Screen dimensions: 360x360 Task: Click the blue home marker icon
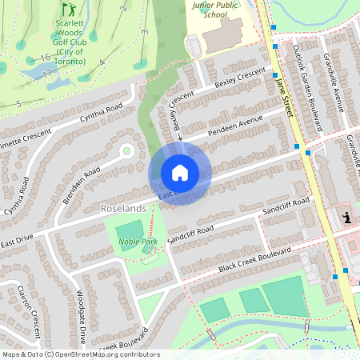(180, 172)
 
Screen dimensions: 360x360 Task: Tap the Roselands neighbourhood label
(125, 208)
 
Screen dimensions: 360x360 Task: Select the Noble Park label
(137, 240)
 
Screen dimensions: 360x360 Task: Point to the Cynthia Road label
(101, 116)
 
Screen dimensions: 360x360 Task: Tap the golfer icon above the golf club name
(69, 10)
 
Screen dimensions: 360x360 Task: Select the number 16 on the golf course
(46, 58)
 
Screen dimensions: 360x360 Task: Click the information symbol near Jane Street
(346, 217)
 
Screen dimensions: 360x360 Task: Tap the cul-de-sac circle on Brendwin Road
(126, 150)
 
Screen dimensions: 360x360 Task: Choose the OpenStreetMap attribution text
(80, 354)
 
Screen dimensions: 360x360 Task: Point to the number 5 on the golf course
(18, 104)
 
